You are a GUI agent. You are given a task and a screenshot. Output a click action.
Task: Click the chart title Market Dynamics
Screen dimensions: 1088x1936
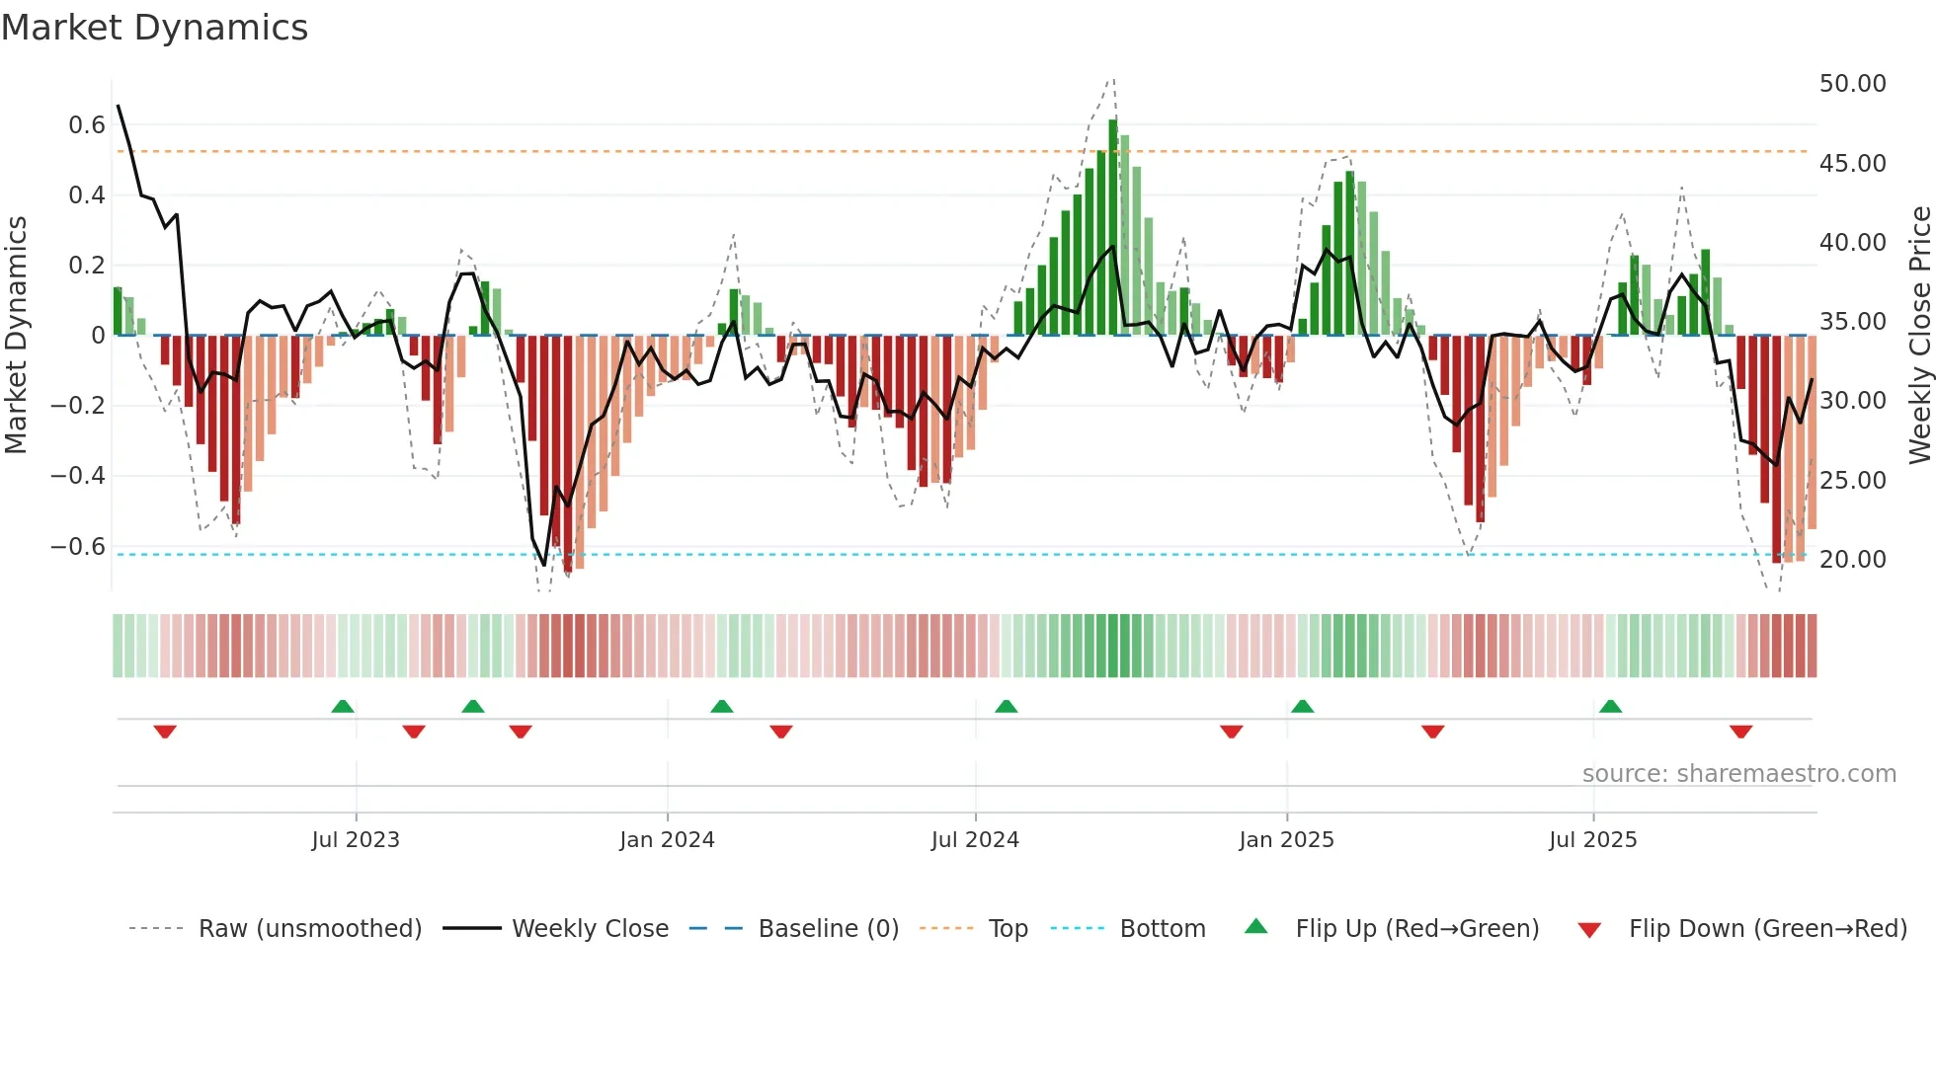pos(155,28)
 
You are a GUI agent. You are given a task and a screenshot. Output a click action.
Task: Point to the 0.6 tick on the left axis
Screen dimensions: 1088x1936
pos(87,125)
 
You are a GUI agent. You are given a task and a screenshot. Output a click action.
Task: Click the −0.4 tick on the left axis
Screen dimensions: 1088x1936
pos(78,476)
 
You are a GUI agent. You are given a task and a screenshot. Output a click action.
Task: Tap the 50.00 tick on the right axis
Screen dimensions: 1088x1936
pos(1852,84)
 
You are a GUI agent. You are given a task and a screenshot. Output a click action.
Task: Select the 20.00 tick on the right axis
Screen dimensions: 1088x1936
pos(1852,560)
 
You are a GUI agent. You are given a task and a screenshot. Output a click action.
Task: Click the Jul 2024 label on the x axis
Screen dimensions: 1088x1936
pos(974,840)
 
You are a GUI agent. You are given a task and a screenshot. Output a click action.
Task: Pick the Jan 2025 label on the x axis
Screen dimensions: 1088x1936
pos(1286,840)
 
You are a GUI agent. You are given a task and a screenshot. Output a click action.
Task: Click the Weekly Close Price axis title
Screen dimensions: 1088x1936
pos(1919,336)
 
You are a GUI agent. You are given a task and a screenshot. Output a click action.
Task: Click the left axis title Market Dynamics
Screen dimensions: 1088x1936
pos(17,336)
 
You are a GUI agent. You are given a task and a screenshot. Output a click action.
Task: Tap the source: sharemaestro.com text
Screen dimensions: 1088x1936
pos(1738,774)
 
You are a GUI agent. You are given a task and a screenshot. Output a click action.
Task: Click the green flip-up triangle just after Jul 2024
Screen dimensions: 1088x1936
pos(1006,706)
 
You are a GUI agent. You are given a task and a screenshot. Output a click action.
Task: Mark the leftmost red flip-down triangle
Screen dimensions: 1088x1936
pos(165,732)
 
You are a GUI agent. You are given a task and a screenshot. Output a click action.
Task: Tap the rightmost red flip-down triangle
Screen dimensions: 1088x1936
pos(1740,732)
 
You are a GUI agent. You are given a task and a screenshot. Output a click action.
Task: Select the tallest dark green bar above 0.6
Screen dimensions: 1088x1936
pos(1113,227)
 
